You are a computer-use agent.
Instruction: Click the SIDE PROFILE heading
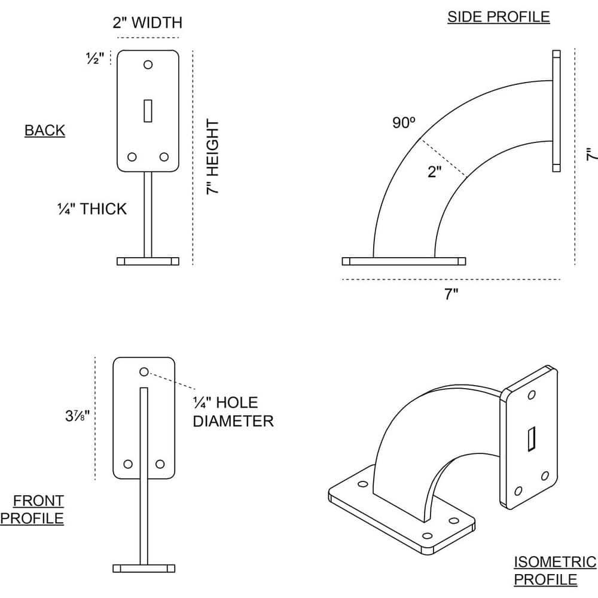(498, 17)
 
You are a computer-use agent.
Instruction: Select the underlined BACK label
(45, 130)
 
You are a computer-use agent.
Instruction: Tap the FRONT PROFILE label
(33, 509)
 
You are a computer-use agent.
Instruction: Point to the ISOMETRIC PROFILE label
(554, 570)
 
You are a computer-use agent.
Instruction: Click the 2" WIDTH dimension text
(147, 23)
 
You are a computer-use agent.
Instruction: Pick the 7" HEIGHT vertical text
(213, 157)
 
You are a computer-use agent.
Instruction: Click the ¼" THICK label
(92, 209)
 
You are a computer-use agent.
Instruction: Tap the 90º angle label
(404, 123)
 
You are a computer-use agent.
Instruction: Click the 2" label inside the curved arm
(435, 172)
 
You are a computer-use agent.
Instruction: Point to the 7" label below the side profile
(451, 294)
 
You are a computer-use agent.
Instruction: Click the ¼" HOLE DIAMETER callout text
(233, 411)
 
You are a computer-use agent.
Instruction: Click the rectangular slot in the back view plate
(148, 111)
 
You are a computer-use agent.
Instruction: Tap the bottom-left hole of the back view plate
(132, 157)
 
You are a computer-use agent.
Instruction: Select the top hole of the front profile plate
(144, 372)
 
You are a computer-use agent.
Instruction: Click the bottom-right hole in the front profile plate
(160, 464)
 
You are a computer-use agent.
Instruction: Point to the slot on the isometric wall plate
(530, 440)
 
